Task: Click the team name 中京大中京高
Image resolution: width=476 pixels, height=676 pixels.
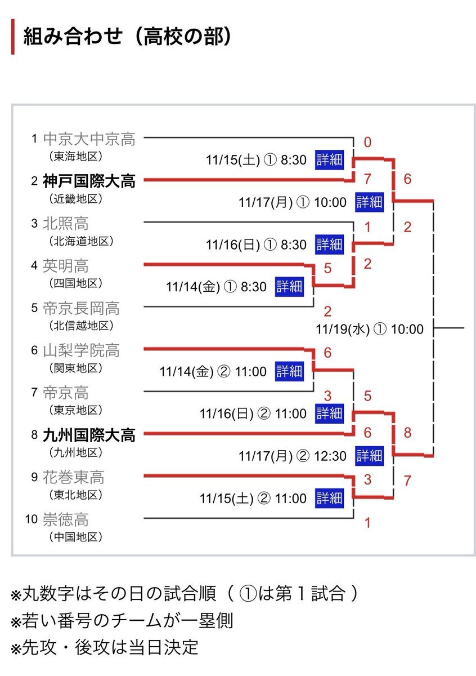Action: (89, 139)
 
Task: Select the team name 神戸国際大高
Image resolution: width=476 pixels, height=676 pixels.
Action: (89, 181)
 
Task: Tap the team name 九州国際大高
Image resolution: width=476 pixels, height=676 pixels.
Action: (89, 435)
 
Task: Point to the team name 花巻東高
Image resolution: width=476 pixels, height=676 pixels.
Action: (74, 478)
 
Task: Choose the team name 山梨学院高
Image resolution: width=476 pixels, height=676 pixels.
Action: (81, 351)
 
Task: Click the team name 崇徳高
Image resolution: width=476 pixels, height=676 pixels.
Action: (66, 519)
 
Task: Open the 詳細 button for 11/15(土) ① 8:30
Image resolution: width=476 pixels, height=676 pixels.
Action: (329, 160)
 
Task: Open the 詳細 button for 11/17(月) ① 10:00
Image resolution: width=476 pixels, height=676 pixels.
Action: (369, 202)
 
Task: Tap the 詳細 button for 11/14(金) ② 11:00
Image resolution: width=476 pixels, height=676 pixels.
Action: (289, 372)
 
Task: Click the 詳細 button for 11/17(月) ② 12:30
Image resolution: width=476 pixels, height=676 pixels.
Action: (369, 456)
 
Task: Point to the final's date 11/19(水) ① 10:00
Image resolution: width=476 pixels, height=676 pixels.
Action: (370, 329)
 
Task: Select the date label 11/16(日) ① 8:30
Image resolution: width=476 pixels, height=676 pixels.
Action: (256, 245)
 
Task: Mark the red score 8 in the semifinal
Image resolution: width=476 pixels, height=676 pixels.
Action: (407, 433)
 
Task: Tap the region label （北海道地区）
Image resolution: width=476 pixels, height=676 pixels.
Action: (81, 241)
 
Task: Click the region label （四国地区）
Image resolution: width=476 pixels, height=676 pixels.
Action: (73, 283)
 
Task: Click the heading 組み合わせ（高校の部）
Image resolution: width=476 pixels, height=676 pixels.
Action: (127, 37)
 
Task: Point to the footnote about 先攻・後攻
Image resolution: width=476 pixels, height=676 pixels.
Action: (105, 647)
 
